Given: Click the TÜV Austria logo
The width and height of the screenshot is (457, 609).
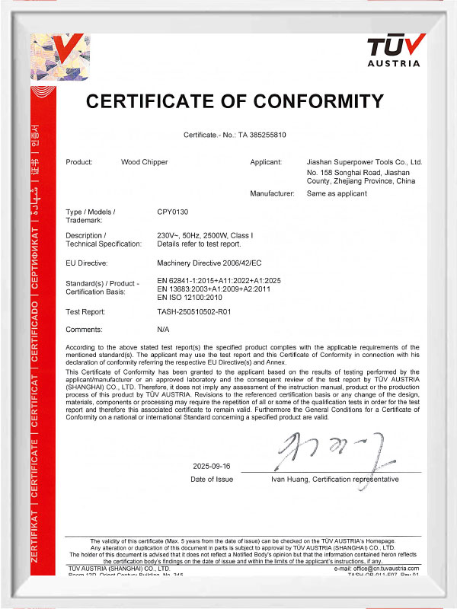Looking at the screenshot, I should point(393,51).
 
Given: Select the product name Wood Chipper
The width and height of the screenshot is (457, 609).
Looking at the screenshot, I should point(145,162).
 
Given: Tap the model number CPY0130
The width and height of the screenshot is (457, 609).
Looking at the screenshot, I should point(171,211).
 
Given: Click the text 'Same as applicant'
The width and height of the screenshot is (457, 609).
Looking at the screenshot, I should point(336,193).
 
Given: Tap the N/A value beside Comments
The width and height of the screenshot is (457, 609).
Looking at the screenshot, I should point(163,330).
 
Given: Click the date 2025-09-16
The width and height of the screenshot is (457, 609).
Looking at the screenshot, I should point(212,466).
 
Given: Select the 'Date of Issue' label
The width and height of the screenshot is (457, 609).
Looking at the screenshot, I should point(212,480).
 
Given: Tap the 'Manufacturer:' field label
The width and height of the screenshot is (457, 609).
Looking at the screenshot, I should point(272,193).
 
